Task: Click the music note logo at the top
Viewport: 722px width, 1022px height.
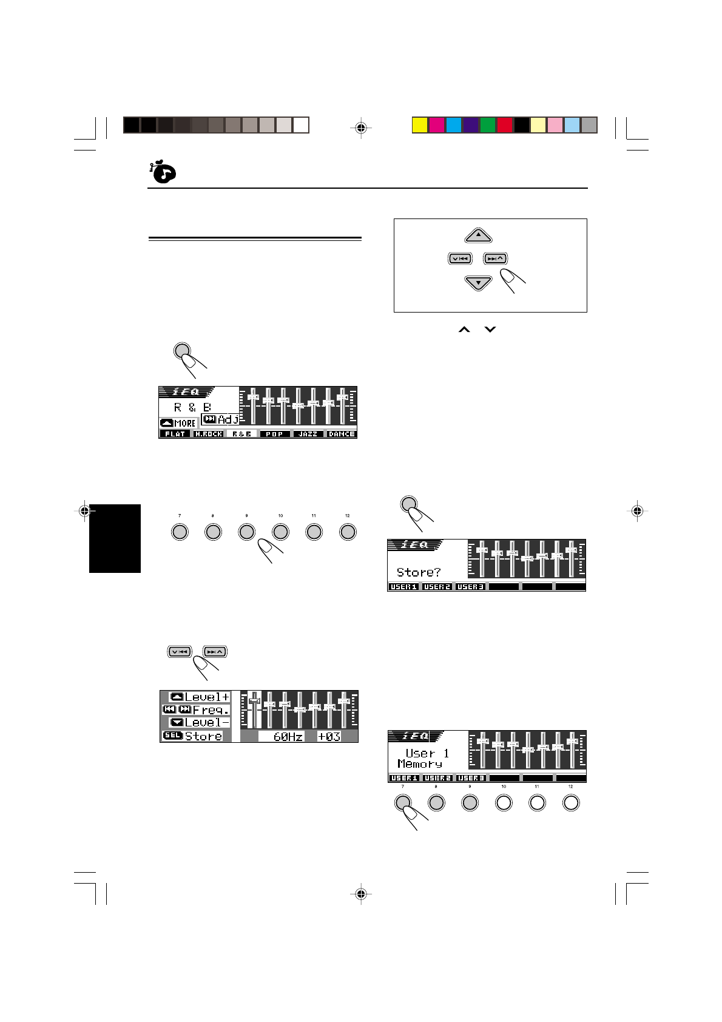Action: pyautogui.click(x=163, y=172)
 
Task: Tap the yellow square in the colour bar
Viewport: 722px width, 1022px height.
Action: pyautogui.click(x=419, y=125)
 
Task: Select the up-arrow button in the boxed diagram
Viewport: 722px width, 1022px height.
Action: pyautogui.click(x=478, y=235)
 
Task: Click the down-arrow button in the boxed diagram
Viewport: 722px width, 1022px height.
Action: pyautogui.click(x=478, y=283)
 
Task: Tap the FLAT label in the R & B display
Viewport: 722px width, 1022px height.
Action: pyautogui.click(x=175, y=434)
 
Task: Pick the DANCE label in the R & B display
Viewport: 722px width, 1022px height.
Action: pyautogui.click(x=342, y=434)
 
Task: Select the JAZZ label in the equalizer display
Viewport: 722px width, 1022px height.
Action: pyautogui.click(x=308, y=434)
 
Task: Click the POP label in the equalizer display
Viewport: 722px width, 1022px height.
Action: pyautogui.click(x=275, y=434)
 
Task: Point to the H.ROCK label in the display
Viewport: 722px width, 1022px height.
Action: pyautogui.click(x=209, y=434)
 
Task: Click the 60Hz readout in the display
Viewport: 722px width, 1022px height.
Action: pyautogui.click(x=288, y=736)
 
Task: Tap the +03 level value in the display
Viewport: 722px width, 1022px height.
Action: pyautogui.click(x=329, y=736)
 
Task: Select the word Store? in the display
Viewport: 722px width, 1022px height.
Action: pyautogui.click(x=419, y=572)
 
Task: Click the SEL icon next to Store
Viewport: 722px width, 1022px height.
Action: pyautogui.click(x=172, y=736)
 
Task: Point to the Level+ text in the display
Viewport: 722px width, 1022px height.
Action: pyautogui.click(x=207, y=697)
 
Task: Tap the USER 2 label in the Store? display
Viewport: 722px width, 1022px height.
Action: pyautogui.click(x=437, y=587)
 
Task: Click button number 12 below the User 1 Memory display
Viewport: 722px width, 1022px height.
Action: pyautogui.click(x=570, y=803)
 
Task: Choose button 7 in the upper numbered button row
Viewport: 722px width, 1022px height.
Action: pyautogui.click(x=180, y=532)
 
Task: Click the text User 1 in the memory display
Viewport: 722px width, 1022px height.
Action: pyautogui.click(x=427, y=753)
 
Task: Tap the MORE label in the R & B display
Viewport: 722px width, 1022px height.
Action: pyautogui.click(x=184, y=423)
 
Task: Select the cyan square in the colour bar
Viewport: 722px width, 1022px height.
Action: pyautogui.click(x=453, y=125)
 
